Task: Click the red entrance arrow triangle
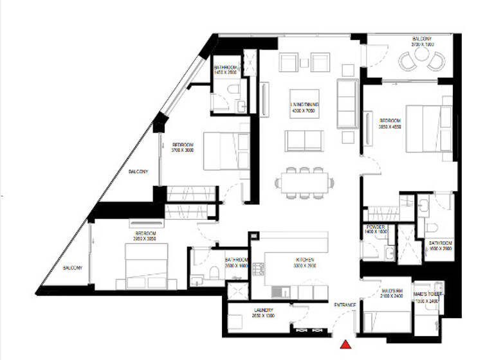pyautogui.click(x=348, y=344)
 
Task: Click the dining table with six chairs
pyautogui.click(x=302, y=182)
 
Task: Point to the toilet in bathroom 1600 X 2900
pyautogui.click(x=432, y=226)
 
